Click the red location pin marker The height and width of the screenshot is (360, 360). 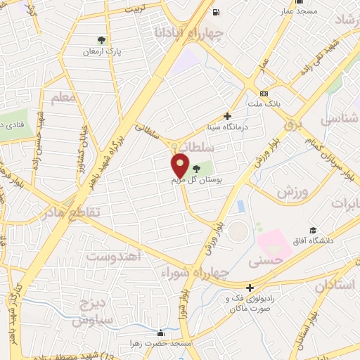[181, 166]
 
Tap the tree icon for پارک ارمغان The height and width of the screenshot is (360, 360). [103, 41]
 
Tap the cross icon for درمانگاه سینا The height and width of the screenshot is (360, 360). [227, 117]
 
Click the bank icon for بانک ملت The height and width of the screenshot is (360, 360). [264, 94]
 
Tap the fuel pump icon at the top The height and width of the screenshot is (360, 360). [216, 12]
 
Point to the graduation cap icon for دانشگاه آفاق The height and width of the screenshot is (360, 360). [313, 230]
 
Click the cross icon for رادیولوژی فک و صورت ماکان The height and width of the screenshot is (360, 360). [250, 287]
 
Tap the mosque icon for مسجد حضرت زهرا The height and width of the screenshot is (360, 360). [161, 333]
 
